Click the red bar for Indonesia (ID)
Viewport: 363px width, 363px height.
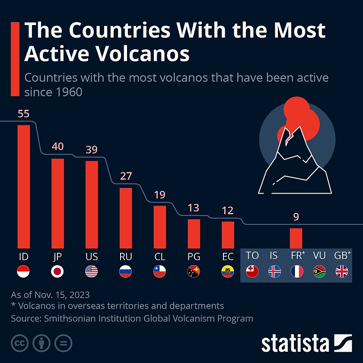point(23,186)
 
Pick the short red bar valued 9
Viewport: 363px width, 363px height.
point(296,237)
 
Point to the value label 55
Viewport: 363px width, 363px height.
point(23,114)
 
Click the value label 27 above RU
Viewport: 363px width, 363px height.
point(126,176)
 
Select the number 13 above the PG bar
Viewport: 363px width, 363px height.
point(194,208)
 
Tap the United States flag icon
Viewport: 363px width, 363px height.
point(92,271)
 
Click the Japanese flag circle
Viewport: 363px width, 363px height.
point(57,271)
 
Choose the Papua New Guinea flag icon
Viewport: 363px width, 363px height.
point(194,271)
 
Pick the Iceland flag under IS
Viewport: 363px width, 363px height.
point(274,271)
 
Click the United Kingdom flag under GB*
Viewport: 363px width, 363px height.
point(342,271)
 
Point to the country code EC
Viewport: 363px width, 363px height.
point(228,256)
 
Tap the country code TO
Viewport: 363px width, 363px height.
point(252,255)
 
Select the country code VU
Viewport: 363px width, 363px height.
point(319,255)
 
